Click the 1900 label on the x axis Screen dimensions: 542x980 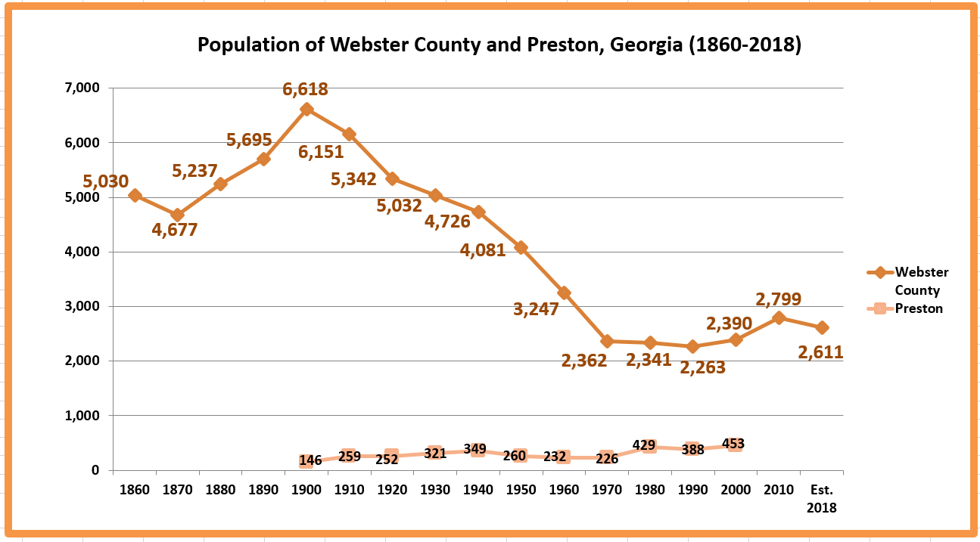click(306, 490)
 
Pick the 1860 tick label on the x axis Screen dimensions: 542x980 click(135, 490)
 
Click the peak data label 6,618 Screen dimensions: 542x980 click(305, 89)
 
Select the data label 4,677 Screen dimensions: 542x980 click(174, 230)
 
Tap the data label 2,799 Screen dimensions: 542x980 click(779, 299)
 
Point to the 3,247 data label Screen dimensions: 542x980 click(535, 308)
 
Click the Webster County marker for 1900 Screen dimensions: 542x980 click(306, 110)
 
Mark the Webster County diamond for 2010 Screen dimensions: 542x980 click(779, 318)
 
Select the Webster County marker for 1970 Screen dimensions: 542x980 click(607, 342)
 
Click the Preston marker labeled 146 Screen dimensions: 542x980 click(306, 461)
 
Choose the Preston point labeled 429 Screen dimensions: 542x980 click(649, 446)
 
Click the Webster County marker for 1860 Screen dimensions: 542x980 click(135, 195)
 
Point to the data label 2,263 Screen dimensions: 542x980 click(702, 367)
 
